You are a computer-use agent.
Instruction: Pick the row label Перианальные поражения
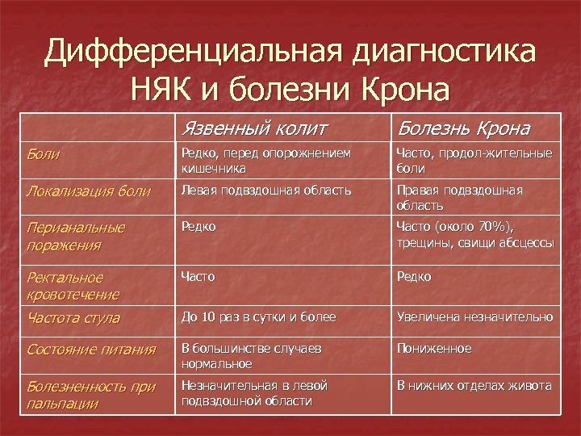76,236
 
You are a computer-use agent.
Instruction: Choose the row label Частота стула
73,318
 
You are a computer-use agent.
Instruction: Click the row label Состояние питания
90,350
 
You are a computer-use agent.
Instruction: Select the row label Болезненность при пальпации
91,395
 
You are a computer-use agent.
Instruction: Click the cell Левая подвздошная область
266,191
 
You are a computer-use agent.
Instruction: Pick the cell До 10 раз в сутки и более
258,317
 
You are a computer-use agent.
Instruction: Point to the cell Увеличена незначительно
474,317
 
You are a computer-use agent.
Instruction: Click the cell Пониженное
434,349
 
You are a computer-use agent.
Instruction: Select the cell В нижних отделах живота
474,386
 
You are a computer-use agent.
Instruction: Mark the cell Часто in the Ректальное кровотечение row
199,277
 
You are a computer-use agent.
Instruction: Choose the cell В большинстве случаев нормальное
252,356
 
